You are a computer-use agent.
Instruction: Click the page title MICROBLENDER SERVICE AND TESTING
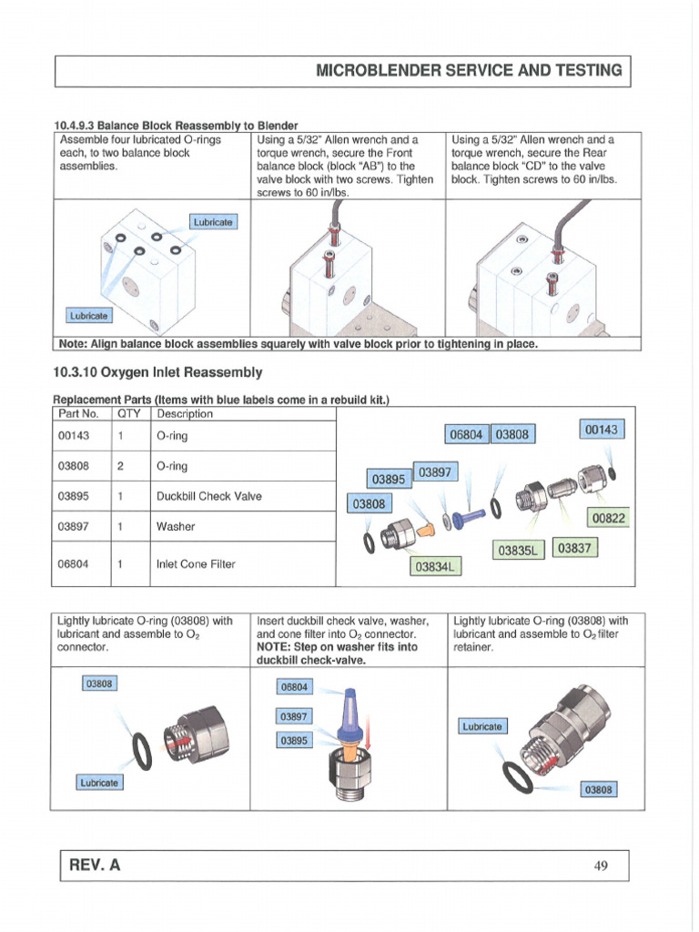pos(469,70)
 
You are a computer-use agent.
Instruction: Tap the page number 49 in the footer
pos(601,866)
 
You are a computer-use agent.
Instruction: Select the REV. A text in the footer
pos(90,866)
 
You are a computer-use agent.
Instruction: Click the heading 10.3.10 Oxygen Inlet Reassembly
pos(158,372)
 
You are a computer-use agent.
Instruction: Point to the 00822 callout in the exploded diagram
pos(610,518)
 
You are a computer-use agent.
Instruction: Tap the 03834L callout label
pos(438,567)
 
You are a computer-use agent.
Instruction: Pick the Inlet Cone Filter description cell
pos(196,563)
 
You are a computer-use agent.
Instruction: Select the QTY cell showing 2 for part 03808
pos(121,466)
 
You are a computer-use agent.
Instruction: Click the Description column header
pos(185,414)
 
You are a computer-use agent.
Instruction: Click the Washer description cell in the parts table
pos(176,526)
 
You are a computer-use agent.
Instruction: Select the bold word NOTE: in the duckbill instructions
pos(279,646)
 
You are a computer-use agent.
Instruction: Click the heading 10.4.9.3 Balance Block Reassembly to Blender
pos(177,125)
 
